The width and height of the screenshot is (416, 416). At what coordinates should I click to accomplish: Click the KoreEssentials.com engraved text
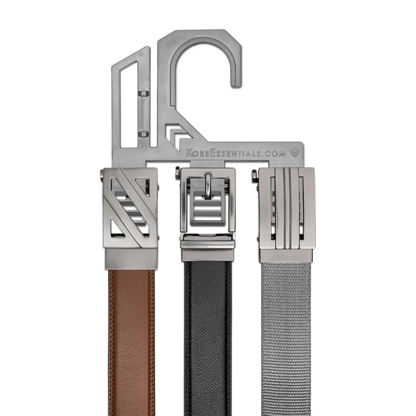(236, 153)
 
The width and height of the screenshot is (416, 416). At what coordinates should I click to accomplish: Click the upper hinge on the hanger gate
(143, 94)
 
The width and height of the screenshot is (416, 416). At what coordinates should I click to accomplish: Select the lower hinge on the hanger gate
(143, 134)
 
